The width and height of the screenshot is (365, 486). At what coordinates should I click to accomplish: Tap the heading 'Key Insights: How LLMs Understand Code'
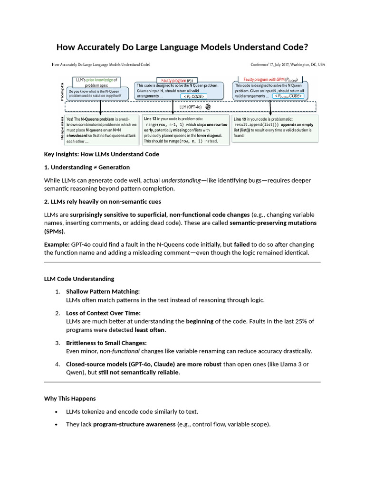pos(101,154)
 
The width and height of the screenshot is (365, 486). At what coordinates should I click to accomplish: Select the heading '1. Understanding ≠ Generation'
pos(86,167)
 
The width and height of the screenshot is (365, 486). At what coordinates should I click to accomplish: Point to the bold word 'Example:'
pos(57,244)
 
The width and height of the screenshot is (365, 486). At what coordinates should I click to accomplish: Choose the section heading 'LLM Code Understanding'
pos(79,279)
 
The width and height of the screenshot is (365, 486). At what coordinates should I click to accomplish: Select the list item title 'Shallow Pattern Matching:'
pos(103,291)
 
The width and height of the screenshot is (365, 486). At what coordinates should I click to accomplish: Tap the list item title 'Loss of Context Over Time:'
pos(103,313)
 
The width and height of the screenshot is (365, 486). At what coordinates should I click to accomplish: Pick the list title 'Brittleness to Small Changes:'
pos(106,343)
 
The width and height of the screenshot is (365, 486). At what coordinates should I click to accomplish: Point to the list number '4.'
pos(57,364)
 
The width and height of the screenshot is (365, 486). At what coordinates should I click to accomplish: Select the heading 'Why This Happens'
pos(70,398)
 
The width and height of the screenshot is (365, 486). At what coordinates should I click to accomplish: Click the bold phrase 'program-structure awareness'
pos(134,424)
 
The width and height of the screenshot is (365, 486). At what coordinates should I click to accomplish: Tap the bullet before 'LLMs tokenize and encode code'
pos(57,411)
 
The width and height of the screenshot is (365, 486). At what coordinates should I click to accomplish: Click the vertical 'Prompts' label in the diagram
pos(62,91)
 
